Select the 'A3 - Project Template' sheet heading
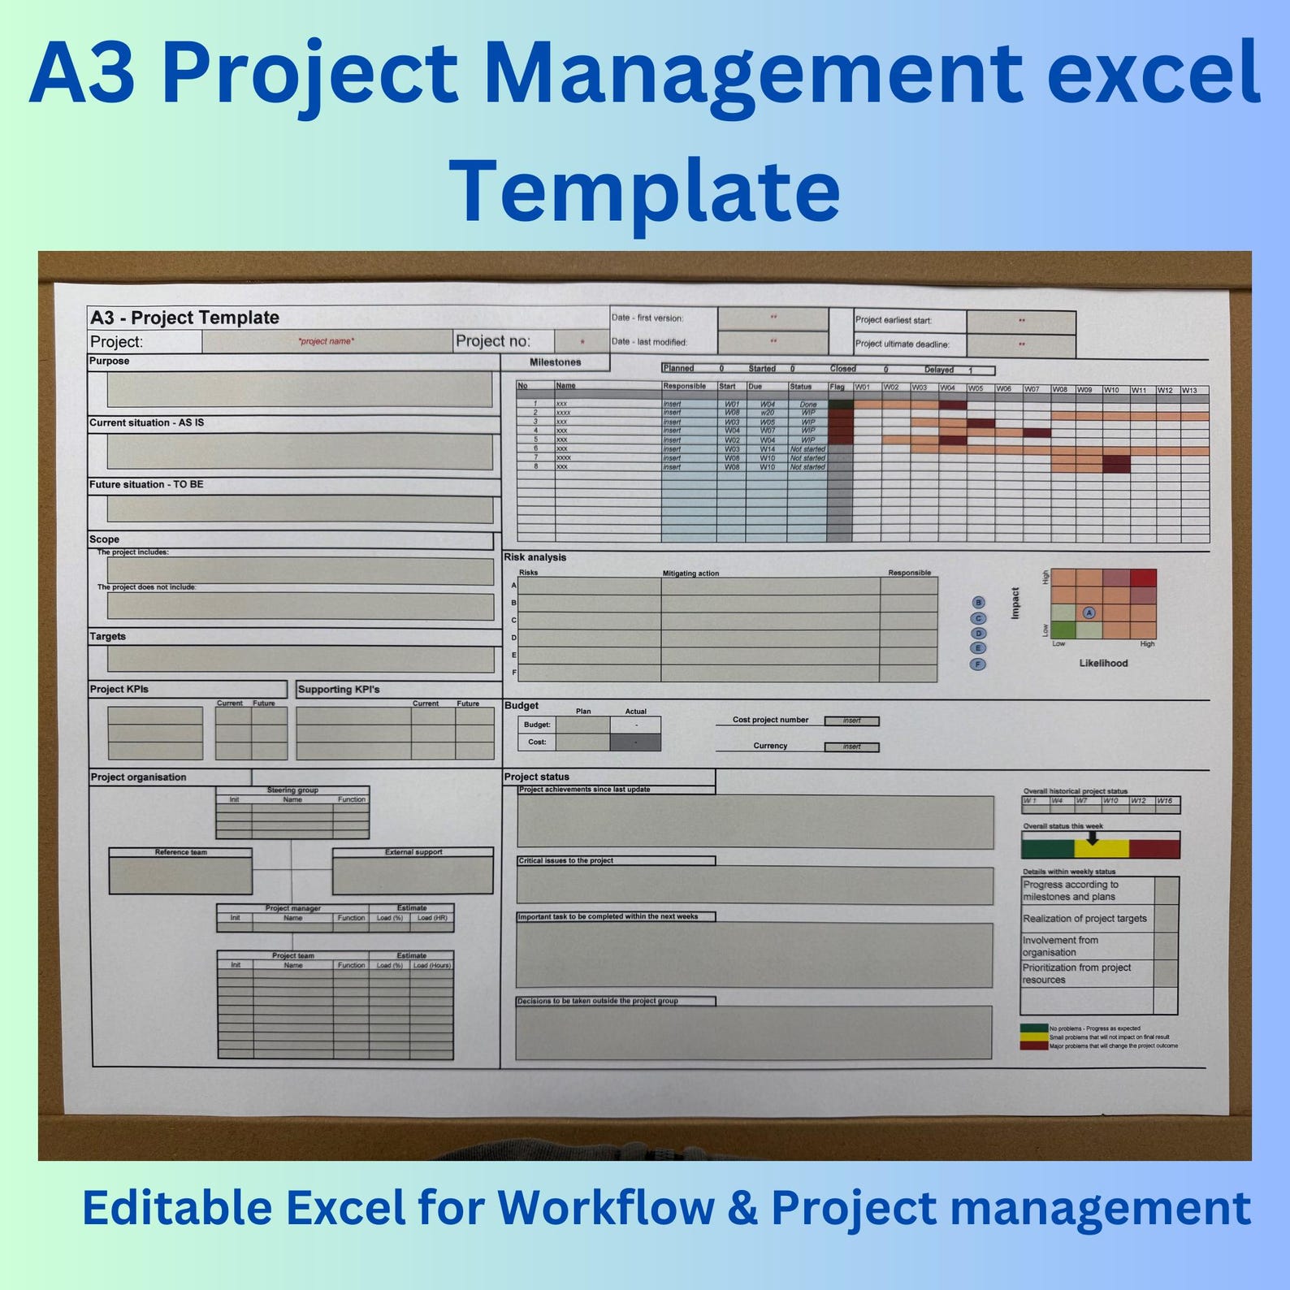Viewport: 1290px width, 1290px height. tap(184, 318)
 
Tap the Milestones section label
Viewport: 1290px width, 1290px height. tap(555, 362)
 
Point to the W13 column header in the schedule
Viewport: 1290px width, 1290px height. tap(1189, 390)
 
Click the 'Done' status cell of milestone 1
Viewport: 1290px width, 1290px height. tap(807, 404)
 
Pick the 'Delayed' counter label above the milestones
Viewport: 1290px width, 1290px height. tap(938, 370)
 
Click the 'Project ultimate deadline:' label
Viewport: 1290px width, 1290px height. tap(902, 344)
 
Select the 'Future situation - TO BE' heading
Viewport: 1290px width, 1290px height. tap(146, 484)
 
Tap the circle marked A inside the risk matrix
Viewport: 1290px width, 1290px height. tap(1089, 613)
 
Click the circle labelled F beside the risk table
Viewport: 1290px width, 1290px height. tap(978, 664)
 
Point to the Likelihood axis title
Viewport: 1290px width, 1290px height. tap(1103, 663)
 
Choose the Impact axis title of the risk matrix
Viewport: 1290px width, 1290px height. tap(1015, 604)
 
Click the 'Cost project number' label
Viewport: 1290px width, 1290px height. tap(770, 720)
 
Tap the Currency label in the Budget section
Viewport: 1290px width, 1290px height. tap(770, 746)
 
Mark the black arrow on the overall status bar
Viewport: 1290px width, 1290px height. tap(1093, 838)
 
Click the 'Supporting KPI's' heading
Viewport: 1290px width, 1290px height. tap(339, 690)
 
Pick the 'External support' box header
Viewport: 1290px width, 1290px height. tap(413, 852)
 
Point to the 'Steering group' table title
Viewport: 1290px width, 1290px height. tap(292, 790)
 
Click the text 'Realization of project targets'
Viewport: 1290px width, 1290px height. tap(1084, 919)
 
